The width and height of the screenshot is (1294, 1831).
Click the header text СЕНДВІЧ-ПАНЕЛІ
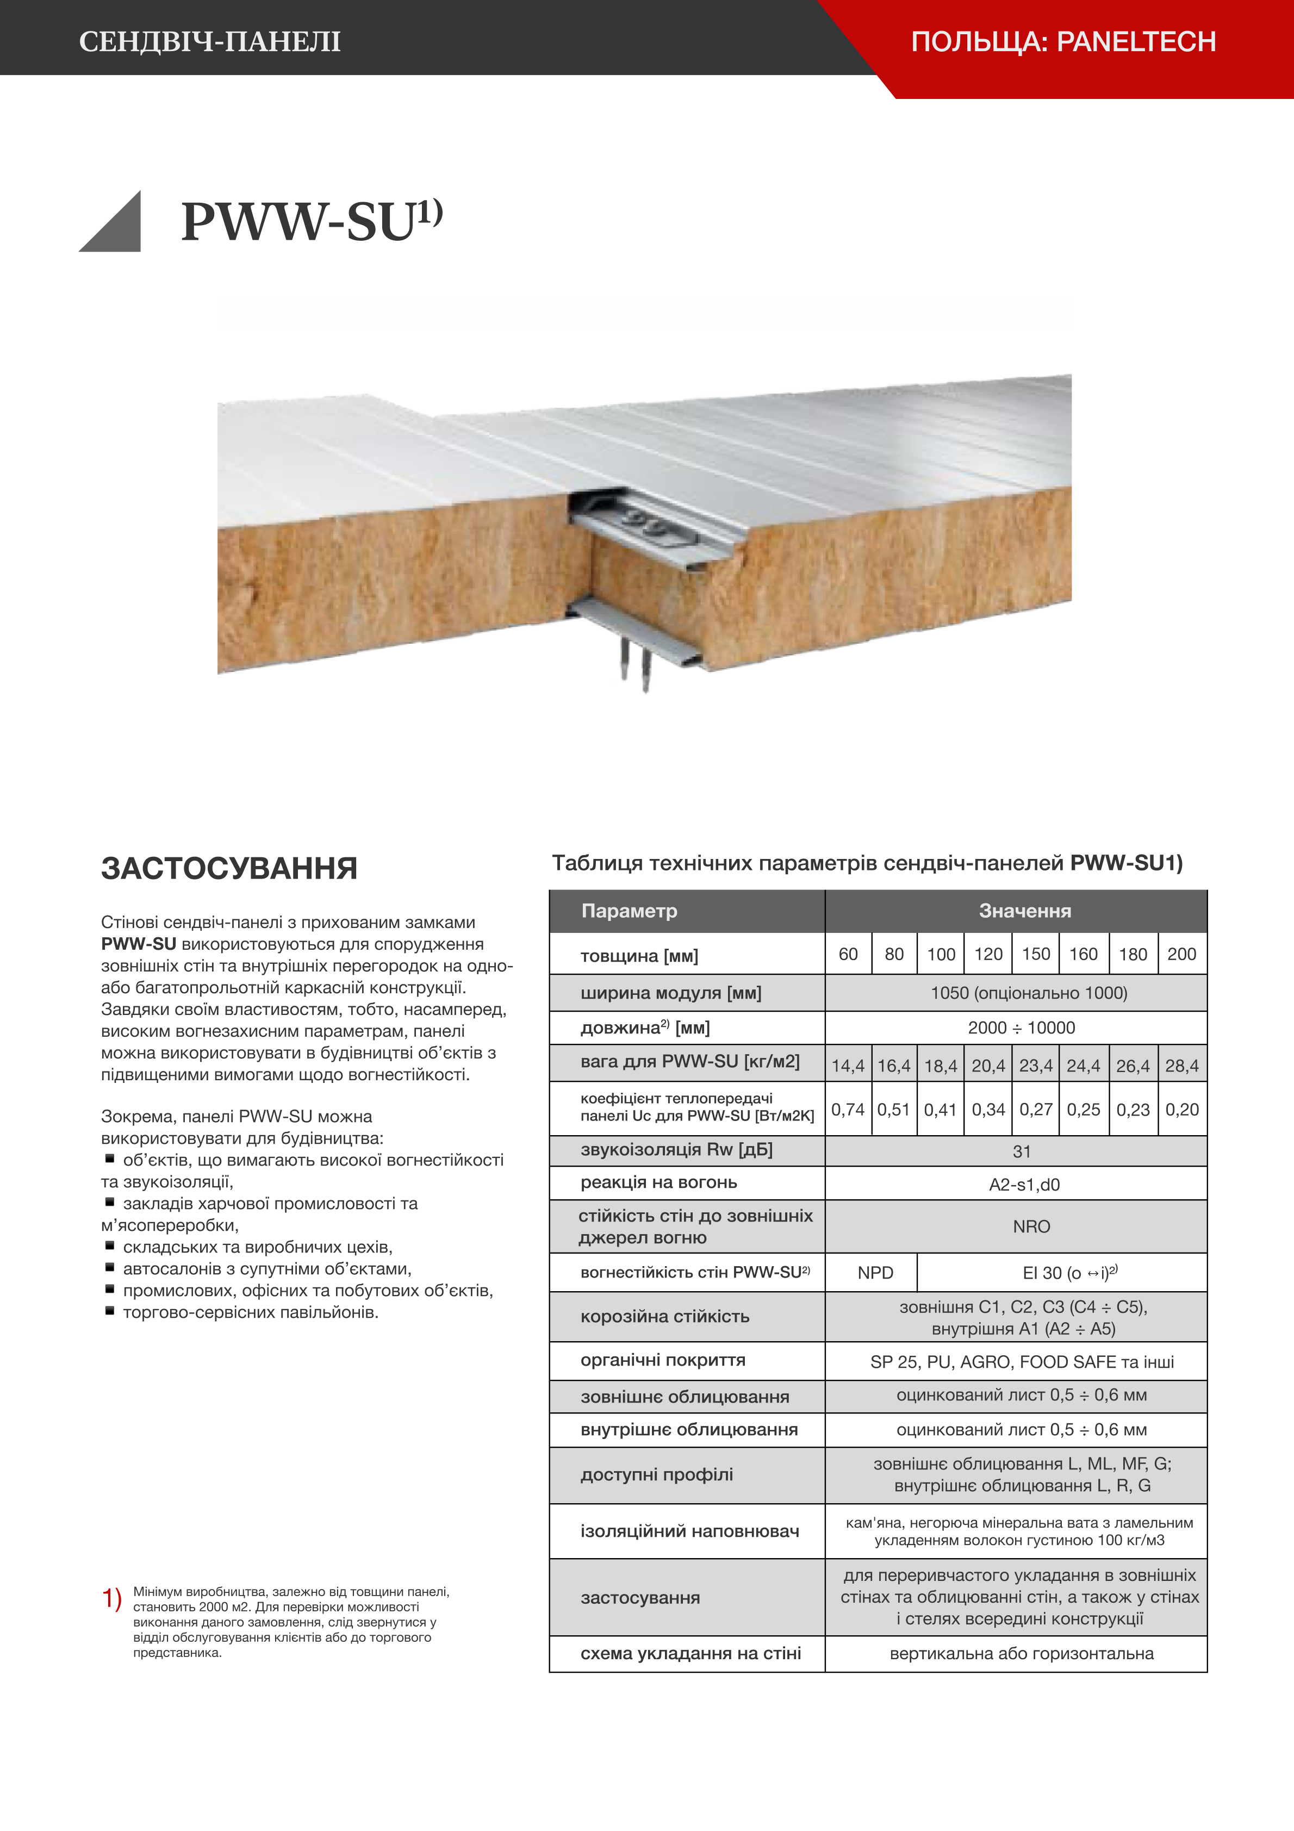210,41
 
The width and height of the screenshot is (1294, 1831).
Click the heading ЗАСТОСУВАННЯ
229,868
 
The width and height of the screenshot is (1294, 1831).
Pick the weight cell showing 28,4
1181,1066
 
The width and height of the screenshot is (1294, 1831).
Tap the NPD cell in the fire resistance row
875,1273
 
